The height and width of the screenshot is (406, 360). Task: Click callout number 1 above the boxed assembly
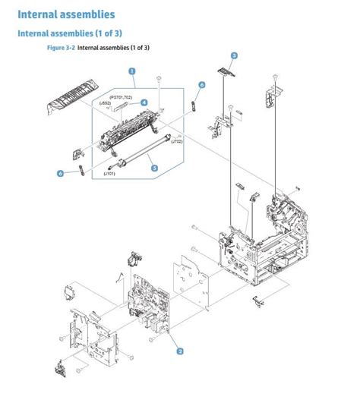coord(132,72)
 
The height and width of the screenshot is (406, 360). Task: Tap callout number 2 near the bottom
coord(180,351)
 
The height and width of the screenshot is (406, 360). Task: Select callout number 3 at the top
coord(234,55)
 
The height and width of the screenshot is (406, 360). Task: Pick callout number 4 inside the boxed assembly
coord(144,102)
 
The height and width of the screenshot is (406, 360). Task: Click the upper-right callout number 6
coord(202,85)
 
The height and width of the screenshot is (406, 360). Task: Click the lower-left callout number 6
coord(61,173)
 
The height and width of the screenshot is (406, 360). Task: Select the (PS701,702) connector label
coord(120,98)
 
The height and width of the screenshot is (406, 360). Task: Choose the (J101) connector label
coord(110,175)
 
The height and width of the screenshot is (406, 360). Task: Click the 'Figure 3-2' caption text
coord(61,47)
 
